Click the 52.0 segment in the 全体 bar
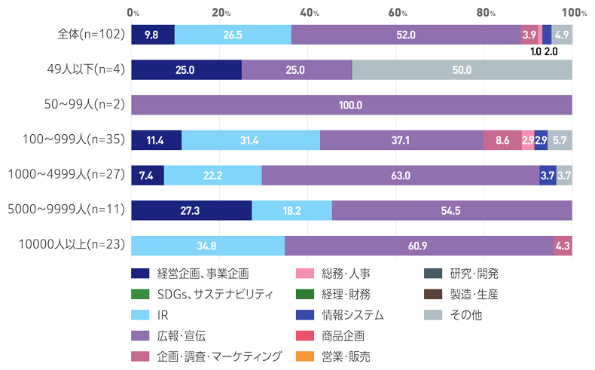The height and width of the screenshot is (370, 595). click(405, 35)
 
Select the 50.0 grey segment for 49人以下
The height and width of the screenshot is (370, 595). click(462, 69)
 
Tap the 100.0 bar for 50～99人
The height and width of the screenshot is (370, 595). click(351, 105)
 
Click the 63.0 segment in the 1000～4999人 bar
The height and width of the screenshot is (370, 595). click(400, 175)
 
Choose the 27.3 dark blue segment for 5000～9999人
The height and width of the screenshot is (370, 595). click(191, 210)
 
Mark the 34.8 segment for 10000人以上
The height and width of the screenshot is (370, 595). click(208, 246)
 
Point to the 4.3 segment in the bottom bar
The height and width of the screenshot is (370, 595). click(563, 246)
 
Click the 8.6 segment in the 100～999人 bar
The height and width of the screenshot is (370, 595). click(502, 140)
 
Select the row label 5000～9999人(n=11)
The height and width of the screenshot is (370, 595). click(66, 210)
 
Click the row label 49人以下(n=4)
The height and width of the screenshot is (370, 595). click(81, 69)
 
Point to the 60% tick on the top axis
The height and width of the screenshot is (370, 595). click(398, 12)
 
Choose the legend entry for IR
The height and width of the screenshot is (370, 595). click(163, 314)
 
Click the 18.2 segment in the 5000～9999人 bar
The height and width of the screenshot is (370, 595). click(291, 210)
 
